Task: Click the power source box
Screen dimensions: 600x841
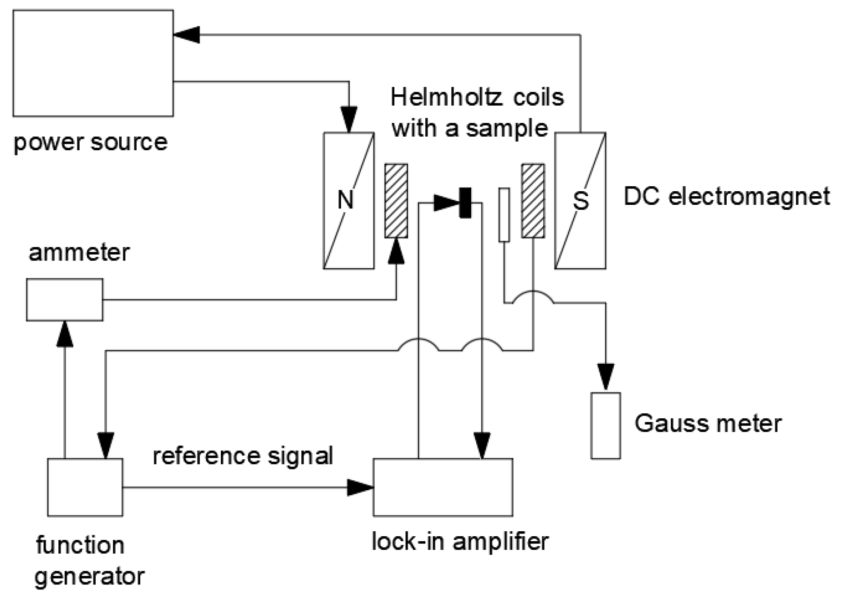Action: click(93, 63)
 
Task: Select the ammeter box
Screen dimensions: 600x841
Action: click(65, 300)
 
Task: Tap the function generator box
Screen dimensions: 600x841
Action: click(85, 487)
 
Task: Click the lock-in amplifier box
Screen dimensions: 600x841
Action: click(443, 487)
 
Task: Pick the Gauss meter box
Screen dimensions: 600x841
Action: click(606, 425)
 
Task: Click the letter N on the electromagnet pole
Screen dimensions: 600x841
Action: click(346, 200)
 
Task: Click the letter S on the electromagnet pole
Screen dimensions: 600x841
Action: click(581, 200)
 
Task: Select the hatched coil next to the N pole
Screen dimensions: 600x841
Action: click(396, 201)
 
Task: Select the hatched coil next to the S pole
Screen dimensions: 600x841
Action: click(533, 201)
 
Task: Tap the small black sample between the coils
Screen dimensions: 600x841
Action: click(465, 203)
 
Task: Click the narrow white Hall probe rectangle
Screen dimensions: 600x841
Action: click(504, 214)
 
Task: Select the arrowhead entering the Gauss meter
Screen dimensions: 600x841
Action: click(606, 377)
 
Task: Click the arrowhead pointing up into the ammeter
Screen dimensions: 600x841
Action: click(65, 334)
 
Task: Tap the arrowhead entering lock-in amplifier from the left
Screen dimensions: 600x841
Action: click(360, 488)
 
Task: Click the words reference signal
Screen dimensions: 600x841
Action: click(243, 456)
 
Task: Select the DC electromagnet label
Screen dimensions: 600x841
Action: click(726, 197)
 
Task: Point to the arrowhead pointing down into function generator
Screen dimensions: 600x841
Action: click(106, 445)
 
